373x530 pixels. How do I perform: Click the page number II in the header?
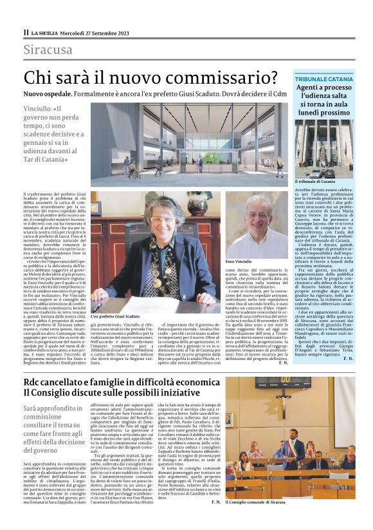tap(26, 32)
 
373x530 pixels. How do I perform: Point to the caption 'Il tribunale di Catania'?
tap(314, 182)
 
